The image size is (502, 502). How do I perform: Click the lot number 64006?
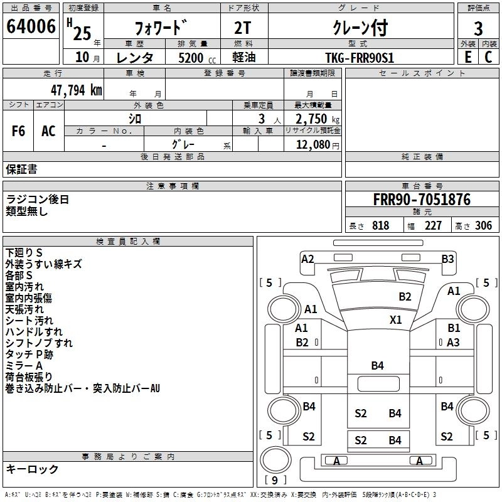(x=31, y=26)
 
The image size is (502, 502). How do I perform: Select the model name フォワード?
(x=161, y=28)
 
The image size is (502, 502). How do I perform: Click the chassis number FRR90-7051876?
(x=421, y=200)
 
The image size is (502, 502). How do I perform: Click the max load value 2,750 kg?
(x=313, y=119)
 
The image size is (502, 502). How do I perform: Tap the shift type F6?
(x=19, y=131)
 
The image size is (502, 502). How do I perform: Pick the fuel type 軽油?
(x=244, y=58)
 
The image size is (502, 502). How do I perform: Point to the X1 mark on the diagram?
(x=395, y=319)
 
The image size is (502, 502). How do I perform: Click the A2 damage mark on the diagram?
(x=307, y=259)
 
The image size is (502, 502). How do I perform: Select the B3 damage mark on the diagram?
(x=447, y=259)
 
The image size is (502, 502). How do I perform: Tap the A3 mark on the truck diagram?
(x=453, y=342)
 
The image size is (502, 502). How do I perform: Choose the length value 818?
(x=380, y=226)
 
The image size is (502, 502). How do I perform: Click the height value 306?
(x=483, y=226)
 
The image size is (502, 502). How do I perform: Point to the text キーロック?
(x=32, y=469)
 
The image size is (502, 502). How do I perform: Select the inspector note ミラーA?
(x=24, y=366)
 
